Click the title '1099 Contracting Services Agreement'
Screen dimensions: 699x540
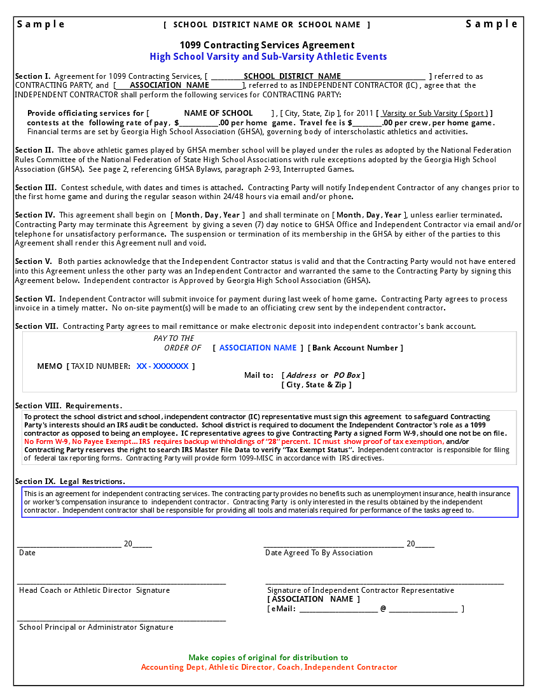tap(267, 45)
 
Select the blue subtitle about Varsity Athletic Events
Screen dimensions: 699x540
tap(268, 57)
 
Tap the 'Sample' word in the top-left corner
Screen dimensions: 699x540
tap(41, 24)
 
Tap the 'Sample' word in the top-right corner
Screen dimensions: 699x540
tap(492, 24)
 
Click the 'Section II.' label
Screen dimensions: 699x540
tap(34, 151)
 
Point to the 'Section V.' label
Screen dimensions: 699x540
tap(34, 261)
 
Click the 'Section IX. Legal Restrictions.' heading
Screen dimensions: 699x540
tap(70, 481)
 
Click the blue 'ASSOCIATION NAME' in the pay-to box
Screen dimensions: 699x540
tap(258, 348)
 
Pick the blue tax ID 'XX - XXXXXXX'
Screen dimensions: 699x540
tap(162, 366)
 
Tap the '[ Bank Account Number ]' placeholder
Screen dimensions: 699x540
tap(356, 348)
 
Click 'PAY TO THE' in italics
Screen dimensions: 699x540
tap(174, 338)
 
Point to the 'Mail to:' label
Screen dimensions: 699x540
tap(259, 375)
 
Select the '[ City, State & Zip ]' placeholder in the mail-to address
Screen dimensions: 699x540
tap(316, 385)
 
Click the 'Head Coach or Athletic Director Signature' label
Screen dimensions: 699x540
tap(94, 590)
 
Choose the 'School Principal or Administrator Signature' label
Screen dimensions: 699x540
tap(96, 627)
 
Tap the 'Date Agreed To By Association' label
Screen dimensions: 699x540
tap(319, 553)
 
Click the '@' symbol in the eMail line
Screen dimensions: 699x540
tap(383, 609)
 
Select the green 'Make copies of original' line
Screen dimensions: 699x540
tap(268, 658)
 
